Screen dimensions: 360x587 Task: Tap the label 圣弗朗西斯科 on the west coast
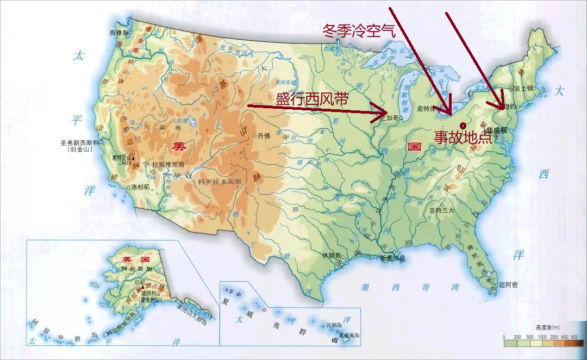[x=81, y=143]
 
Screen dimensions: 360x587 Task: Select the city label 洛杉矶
[x=141, y=187]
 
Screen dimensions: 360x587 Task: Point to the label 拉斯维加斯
[x=169, y=165]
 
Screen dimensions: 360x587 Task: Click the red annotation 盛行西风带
[x=311, y=99]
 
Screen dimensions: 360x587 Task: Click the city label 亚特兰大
[x=441, y=210]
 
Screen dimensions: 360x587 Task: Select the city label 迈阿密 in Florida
[x=509, y=285]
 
